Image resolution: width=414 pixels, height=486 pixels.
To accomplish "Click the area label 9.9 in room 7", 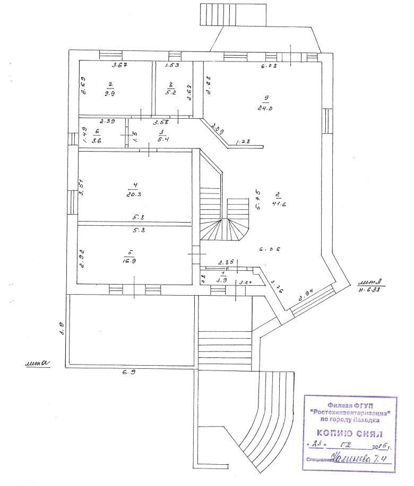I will coord(110,94).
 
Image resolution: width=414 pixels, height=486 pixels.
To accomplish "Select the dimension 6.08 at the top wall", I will coord(268,67).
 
